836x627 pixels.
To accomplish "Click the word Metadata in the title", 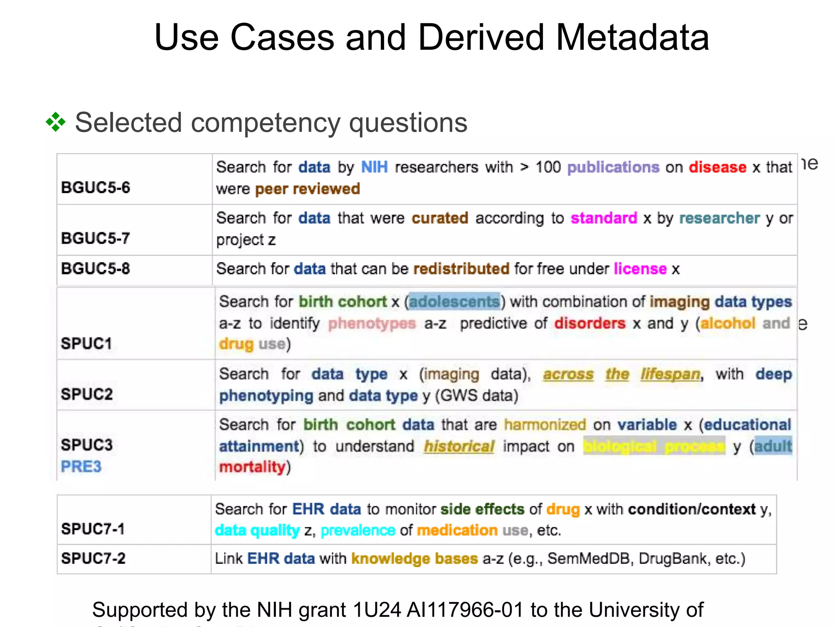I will (632, 38).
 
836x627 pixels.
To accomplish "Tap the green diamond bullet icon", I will (56, 122).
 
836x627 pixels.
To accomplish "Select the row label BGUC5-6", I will (96, 188).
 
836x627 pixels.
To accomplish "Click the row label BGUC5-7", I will (96, 238).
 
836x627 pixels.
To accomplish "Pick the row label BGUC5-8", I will (96, 269).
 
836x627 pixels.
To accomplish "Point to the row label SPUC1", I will (86, 344).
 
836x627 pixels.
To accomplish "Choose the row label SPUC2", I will (87, 394).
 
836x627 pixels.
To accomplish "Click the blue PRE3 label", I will (81, 467).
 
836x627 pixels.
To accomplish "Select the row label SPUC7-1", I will (93, 529).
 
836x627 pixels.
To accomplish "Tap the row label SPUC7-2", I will (93, 558).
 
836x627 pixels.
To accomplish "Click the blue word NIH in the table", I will (374, 167).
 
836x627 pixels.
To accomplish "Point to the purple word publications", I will (613, 167).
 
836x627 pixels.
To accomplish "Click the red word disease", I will (717, 167).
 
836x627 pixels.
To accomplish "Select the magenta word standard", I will (604, 218).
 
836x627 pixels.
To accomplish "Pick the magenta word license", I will (640, 269).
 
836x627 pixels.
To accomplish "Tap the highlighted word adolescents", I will (454, 302).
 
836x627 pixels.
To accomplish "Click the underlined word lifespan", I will (670, 374).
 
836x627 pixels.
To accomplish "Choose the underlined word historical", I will (459, 447).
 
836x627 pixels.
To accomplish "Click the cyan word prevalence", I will (358, 531).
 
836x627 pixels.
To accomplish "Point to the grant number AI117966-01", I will (465, 610).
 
